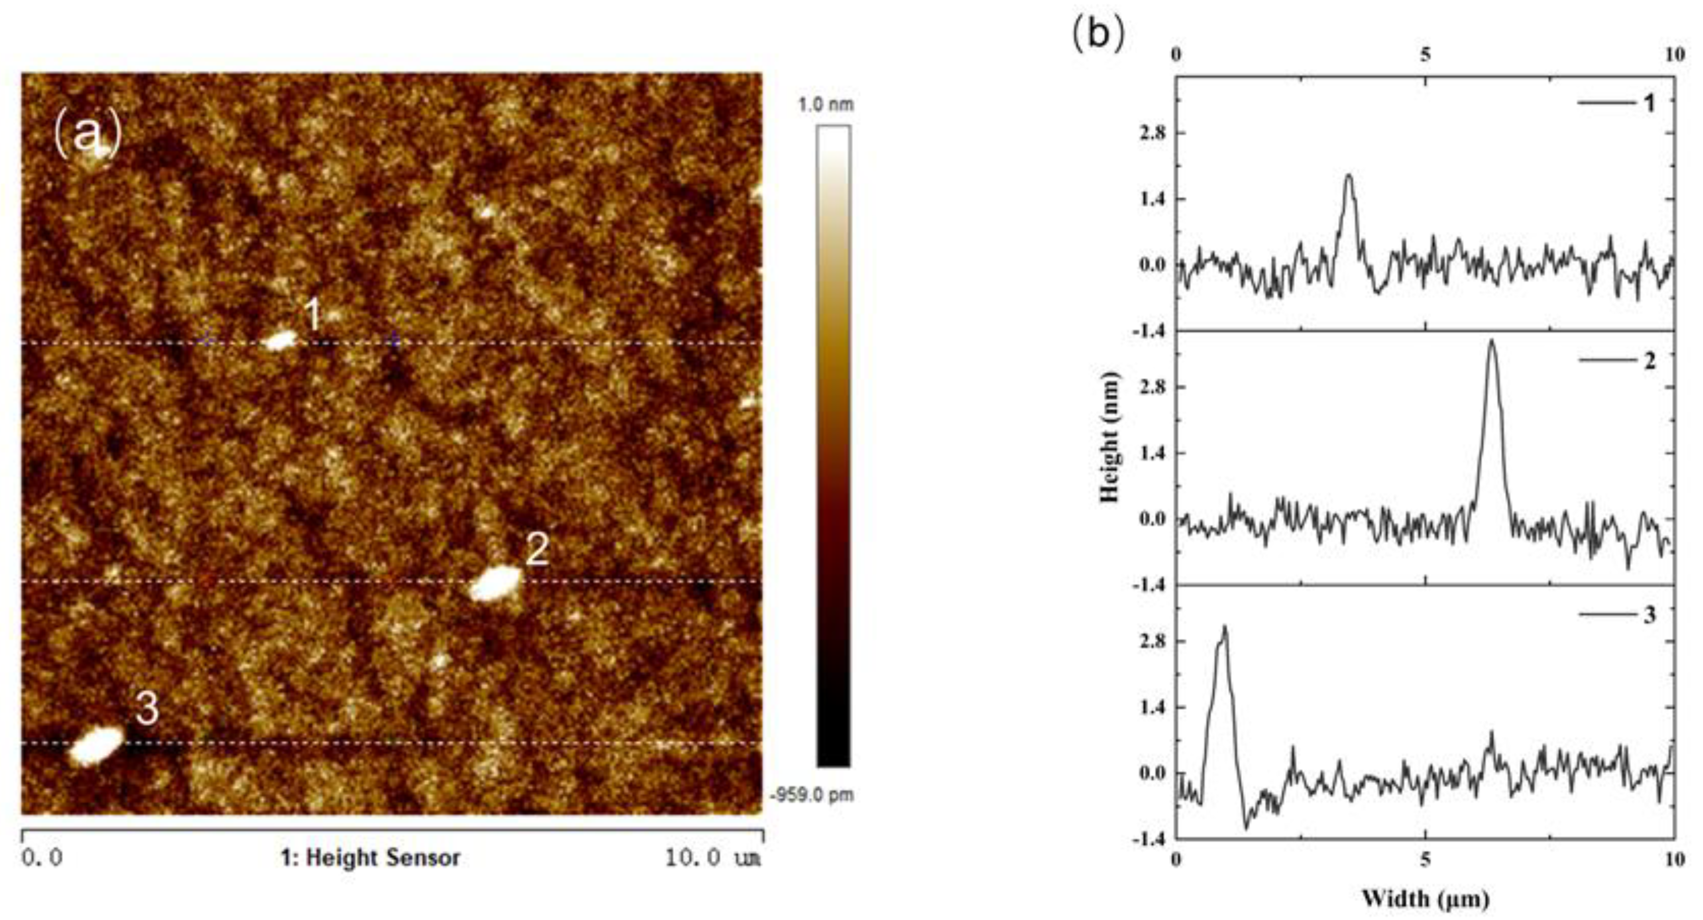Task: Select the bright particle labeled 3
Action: point(97,745)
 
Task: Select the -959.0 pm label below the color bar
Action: point(812,794)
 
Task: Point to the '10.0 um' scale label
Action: point(713,858)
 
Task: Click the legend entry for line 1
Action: point(1616,104)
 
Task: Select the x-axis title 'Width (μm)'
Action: point(1425,898)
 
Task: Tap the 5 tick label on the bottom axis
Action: point(1425,860)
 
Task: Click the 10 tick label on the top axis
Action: point(1674,55)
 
